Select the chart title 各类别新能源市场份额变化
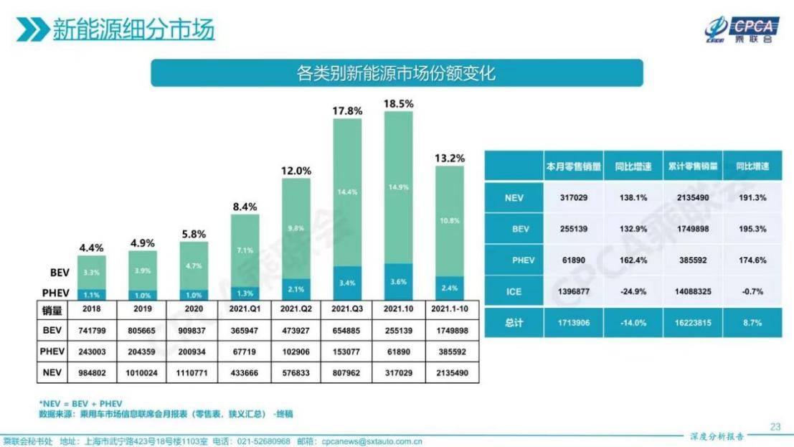(x=396, y=73)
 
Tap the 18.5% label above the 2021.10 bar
(x=399, y=103)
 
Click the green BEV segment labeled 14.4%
(x=347, y=192)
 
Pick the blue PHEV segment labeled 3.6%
(x=399, y=282)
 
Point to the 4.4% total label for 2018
(x=92, y=248)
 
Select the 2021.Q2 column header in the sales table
(x=296, y=309)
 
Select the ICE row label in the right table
(x=514, y=291)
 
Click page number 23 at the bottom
(x=775, y=426)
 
